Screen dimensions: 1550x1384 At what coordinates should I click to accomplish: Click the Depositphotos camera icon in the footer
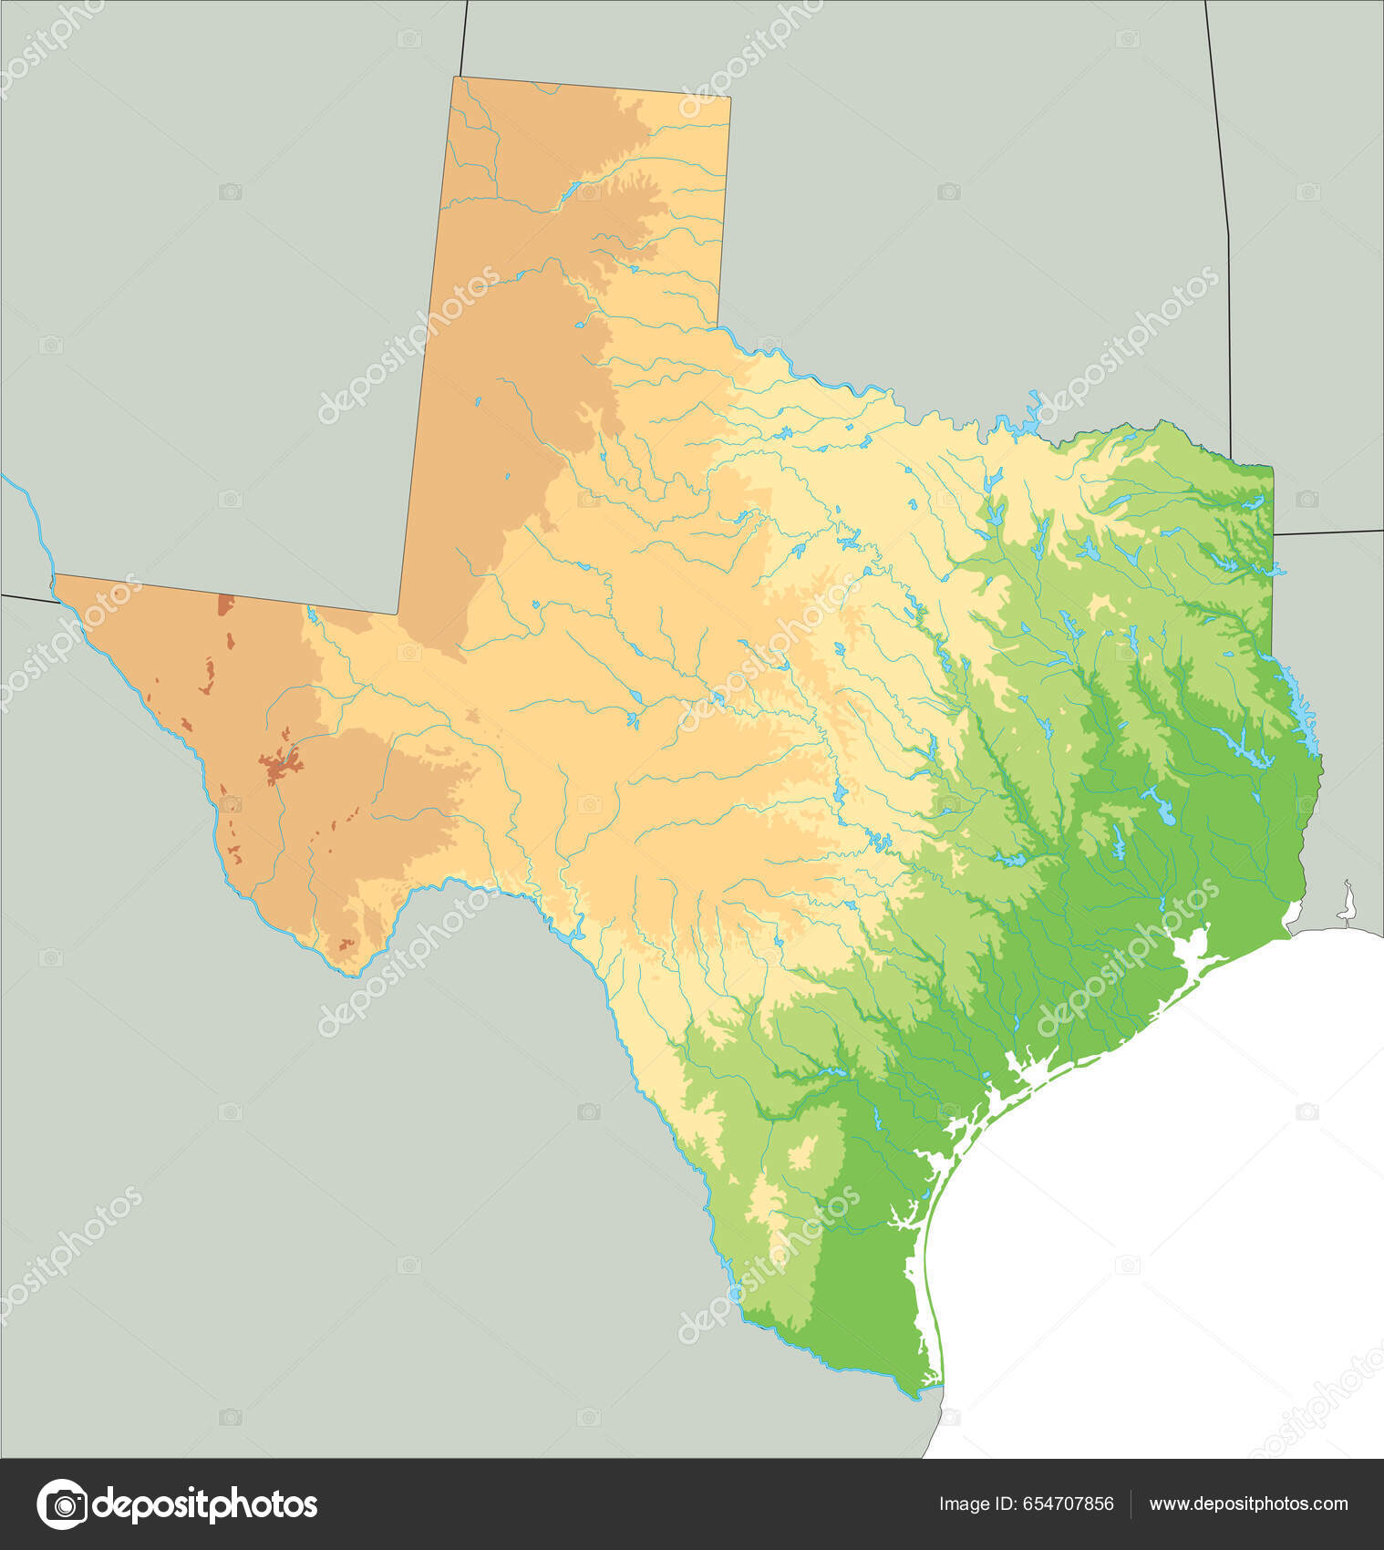62,1503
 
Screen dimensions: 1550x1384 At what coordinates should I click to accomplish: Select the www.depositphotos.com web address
1248,1504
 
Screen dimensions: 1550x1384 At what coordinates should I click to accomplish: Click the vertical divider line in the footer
1131,1504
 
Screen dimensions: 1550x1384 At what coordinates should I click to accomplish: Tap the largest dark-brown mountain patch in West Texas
280,767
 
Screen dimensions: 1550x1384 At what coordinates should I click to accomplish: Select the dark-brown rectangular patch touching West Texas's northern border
225,604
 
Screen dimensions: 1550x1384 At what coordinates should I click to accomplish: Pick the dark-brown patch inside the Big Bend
346,945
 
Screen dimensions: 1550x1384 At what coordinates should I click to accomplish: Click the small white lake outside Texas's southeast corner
1347,904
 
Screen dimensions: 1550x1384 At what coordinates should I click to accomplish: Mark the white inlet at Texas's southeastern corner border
1292,913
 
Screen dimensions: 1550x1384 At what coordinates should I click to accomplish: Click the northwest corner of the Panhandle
455,78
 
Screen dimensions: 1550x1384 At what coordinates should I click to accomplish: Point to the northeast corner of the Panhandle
729,97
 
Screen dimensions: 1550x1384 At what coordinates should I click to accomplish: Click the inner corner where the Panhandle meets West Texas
398,614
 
